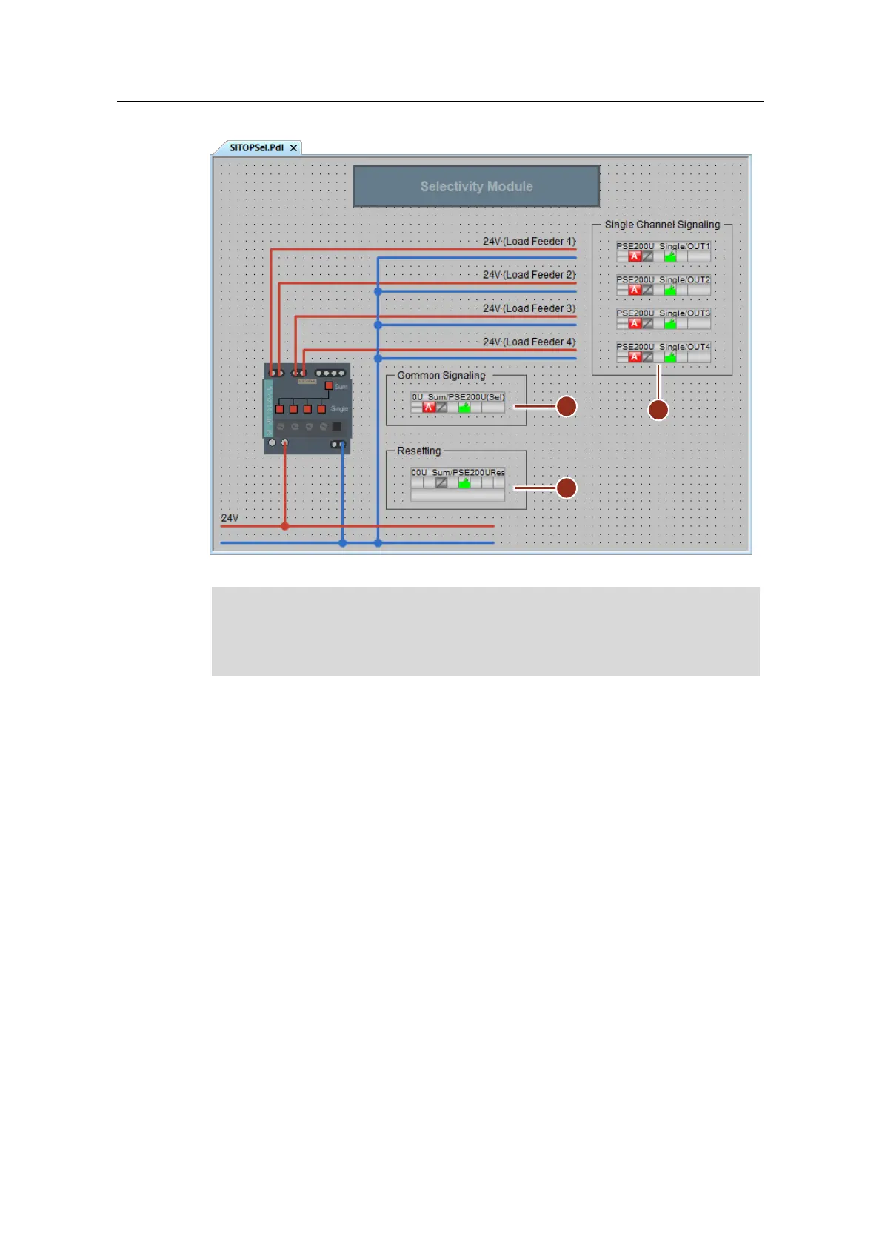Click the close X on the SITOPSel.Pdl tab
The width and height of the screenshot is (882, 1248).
pos(293,148)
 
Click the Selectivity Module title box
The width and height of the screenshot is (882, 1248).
pos(476,186)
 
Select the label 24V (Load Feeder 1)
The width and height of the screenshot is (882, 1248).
pos(529,242)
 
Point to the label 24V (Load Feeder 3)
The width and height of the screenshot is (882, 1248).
pos(529,308)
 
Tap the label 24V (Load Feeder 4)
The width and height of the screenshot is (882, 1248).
pos(529,342)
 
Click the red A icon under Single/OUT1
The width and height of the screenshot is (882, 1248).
pos(635,256)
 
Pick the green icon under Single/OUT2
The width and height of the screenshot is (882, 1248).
pos(670,290)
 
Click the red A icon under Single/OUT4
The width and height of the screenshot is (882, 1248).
pos(635,357)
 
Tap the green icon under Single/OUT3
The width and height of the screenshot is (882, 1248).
pos(670,324)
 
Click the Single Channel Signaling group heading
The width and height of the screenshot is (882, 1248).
pos(662,225)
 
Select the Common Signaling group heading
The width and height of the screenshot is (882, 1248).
pos(441,376)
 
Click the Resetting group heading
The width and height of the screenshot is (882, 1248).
pos(418,451)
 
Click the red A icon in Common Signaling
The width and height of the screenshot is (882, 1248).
pos(429,407)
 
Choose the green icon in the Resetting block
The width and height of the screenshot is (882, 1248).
pos(464,483)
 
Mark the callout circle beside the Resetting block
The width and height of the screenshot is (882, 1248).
pos(567,488)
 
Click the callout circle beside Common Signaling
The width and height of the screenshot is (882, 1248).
pos(567,406)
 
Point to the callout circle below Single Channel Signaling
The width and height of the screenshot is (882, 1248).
pos(658,410)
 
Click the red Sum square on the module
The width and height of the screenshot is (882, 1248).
pos(329,386)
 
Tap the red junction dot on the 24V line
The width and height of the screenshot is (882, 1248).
pos(285,526)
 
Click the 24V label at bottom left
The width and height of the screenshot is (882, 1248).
pos(230,518)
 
